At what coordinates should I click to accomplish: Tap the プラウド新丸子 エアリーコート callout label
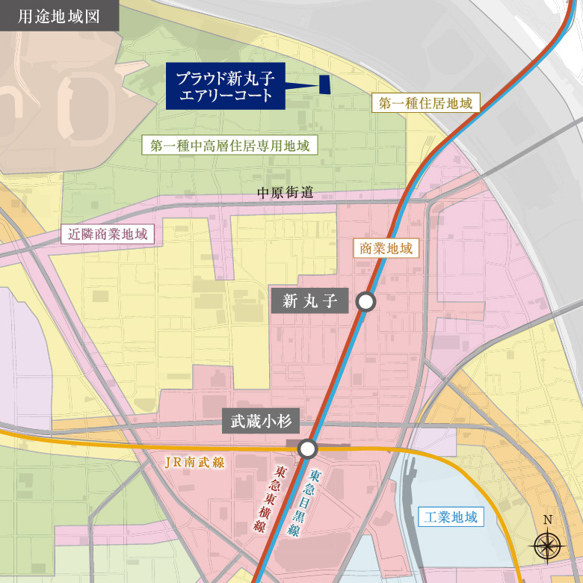(224, 86)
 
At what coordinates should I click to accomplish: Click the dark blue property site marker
(325, 85)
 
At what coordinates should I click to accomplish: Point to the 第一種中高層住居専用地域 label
(229, 145)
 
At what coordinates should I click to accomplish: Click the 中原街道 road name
(285, 193)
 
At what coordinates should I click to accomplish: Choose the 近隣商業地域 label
(108, 234)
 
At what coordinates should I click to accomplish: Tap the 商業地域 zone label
(386, 248)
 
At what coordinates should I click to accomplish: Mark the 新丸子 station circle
(365, 302)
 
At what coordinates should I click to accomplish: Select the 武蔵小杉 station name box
(261, 422)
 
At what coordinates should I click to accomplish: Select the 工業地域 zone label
(450, 516)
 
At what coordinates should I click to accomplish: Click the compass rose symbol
(548, 546)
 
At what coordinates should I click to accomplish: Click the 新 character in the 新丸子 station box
(291, 301)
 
